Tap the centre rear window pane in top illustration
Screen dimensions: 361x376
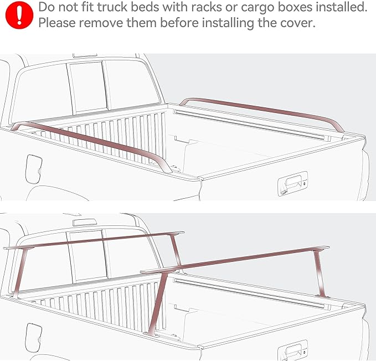point(86,85)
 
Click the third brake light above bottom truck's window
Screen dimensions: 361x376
point(84,221)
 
